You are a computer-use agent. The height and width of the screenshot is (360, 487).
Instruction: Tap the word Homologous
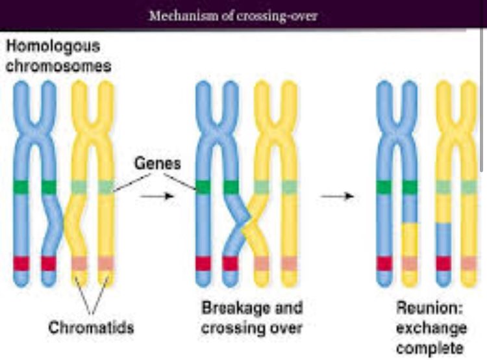coord(53,47)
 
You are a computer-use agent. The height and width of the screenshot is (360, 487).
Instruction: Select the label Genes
coord(158,163)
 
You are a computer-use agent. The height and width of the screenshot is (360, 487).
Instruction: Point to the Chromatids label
coord(91,328)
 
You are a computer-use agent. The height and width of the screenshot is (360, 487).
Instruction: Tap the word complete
coord(430,348)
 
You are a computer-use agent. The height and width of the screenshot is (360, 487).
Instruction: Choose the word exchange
coord(432,328)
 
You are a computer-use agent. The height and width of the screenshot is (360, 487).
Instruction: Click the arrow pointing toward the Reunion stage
coord(337,196)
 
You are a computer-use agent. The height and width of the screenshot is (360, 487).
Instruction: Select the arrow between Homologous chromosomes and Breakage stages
coord(157,196)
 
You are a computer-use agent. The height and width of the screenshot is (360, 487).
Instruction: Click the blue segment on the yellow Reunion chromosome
coord(443,239)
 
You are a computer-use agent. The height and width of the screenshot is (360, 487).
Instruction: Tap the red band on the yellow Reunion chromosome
coord(443,263)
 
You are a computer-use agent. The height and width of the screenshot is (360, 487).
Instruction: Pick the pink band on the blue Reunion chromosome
coord(410,264)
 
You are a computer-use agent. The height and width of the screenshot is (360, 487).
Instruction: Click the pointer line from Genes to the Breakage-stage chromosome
coord(180,181)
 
